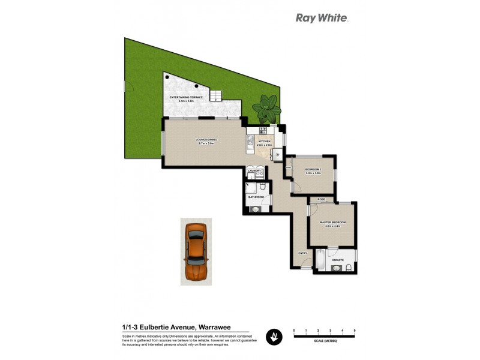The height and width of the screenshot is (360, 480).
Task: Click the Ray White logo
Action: [x=322, y=18]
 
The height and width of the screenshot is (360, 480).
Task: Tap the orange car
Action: [x=196, y=253]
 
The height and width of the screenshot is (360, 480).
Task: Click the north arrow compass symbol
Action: [x=274, y=337]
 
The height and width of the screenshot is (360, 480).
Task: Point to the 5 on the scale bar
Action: [x=355, y=331]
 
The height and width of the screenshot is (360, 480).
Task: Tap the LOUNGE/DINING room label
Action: [x=206, y=140]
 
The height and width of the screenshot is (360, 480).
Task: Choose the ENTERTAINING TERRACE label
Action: [x=186, y=97]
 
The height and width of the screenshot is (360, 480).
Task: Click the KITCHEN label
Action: [x=265, y=142]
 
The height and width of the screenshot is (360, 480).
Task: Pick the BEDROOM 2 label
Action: [x=314, y=170]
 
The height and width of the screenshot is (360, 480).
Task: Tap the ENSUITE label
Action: [x=337, y=259]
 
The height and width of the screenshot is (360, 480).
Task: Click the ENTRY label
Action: [x=303, y=253]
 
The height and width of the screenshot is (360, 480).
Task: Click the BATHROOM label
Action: [x=256, y=197]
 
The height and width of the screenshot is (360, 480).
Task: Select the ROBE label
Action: [x=322, y=199]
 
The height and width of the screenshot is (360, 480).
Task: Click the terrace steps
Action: [x=215, y=95]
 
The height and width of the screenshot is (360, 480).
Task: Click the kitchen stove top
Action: [x=263, y=130]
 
